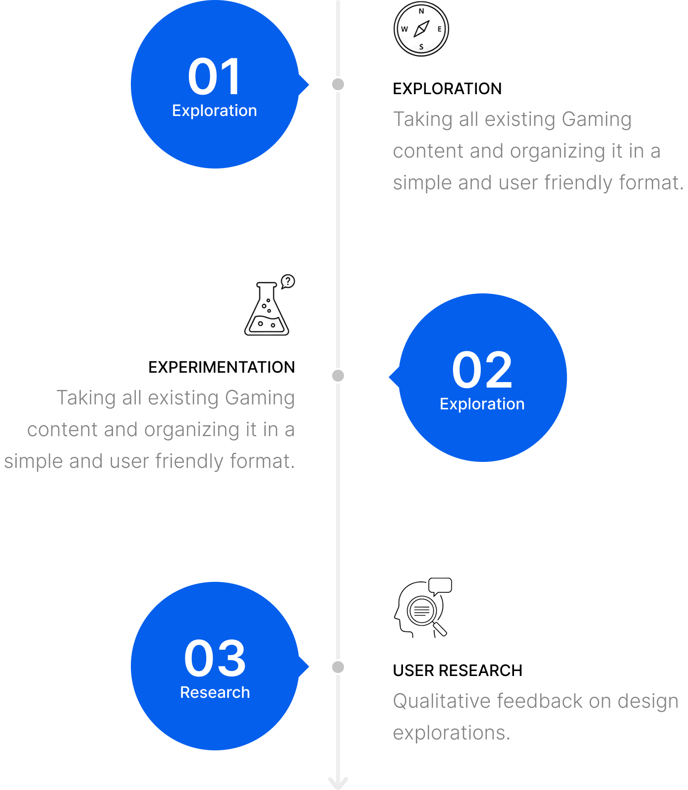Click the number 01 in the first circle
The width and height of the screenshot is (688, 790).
click(x=215, y=77)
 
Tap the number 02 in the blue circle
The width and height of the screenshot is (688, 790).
click(x=482, y=370)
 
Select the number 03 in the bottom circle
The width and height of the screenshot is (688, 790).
click(x=215, y=659)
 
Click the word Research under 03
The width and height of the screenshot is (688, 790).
click(x=215, y=692)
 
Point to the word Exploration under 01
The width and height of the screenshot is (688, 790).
click(x=215, y=111)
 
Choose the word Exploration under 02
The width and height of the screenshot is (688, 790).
click(x=482, y=404)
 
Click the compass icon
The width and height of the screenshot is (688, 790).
click(x=421, y=29)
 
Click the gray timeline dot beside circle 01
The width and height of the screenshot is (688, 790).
click(x=338, y=84)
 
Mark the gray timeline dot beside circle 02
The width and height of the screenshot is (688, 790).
click(x=338, y=376)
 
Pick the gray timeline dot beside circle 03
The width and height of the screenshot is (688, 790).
click(x=338, y=667)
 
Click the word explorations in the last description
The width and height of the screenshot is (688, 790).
click(x=451, y=733)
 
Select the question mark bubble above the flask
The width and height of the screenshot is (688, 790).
click(x=287, y=282)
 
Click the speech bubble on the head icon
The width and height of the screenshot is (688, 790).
click(x=440, y=586)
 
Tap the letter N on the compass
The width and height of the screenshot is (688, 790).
click(x=421, y=11)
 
